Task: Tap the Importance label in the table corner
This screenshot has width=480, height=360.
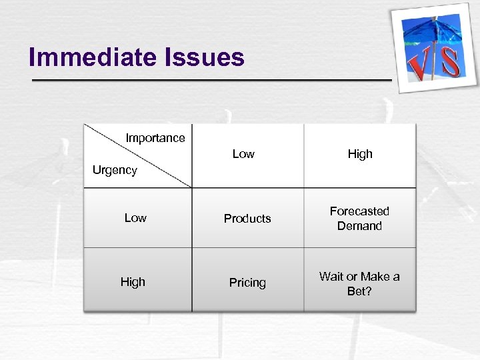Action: [x=155, y=138]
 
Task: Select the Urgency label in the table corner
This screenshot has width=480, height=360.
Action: [x=115, y=170]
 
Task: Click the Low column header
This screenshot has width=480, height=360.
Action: [x=243, y=154]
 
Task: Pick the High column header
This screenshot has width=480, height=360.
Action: [x=360, y=154]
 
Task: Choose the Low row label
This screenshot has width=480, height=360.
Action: [x=135, y=218]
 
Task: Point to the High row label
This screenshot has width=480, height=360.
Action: [x=133, y=282]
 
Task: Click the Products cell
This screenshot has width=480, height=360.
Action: [x=247, y=219]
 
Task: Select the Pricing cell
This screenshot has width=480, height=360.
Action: [x=247, y=283]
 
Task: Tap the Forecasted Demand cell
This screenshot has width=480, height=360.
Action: [x=359, y=218]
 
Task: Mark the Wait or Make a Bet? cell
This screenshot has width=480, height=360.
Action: [x=359, y=283]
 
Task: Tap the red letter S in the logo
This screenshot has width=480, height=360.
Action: [x=451, y=61]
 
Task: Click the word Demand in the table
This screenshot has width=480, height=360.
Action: [x=359, y=226]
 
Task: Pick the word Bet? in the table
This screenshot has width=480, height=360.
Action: [x=359, y=291]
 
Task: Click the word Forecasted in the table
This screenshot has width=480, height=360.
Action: [x=359, y=211]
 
